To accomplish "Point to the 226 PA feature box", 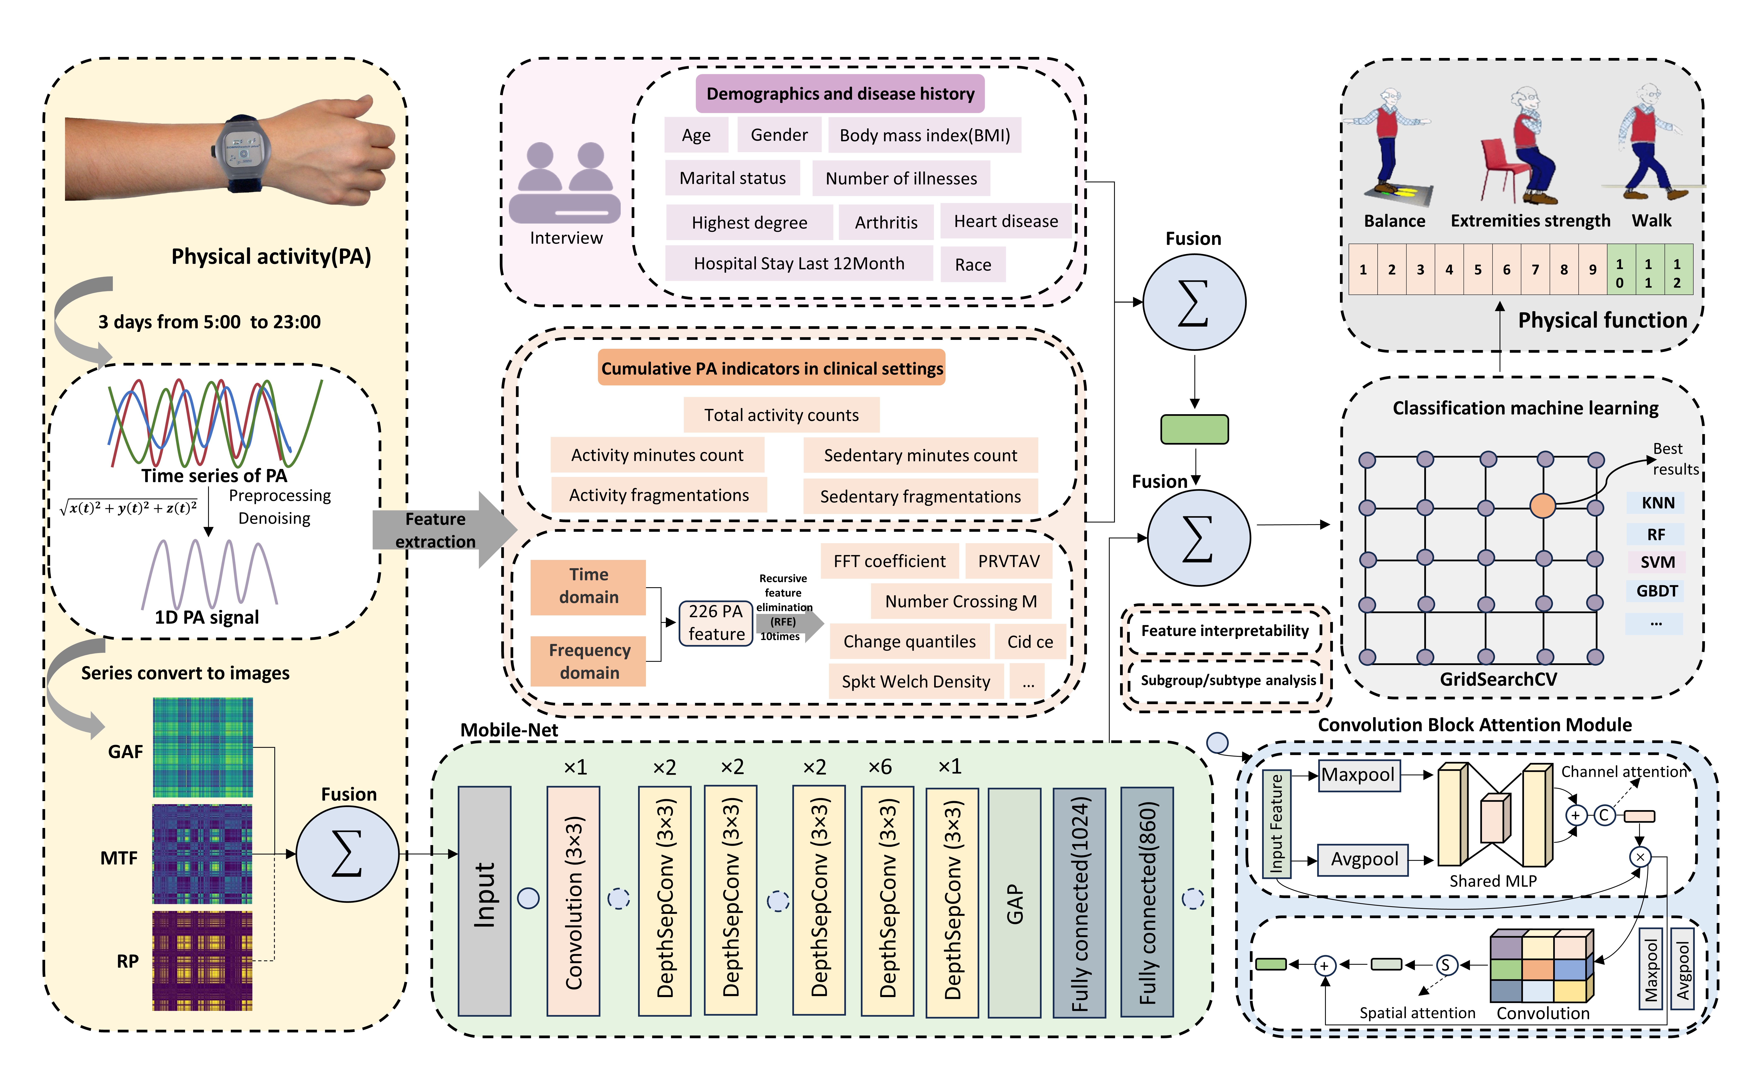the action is [x=716, y=622].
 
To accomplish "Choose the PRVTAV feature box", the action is [x=1008, y=561].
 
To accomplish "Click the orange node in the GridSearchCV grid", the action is [x=1542, y=506].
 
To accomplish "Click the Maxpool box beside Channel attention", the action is [x=1358, y=775].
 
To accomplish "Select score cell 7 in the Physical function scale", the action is [x=1535, y=269].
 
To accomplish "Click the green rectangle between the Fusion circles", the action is [x=1194, y=429].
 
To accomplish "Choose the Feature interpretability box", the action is [x=1225, y=631].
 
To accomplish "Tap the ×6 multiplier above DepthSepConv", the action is [x=880, y=767].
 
